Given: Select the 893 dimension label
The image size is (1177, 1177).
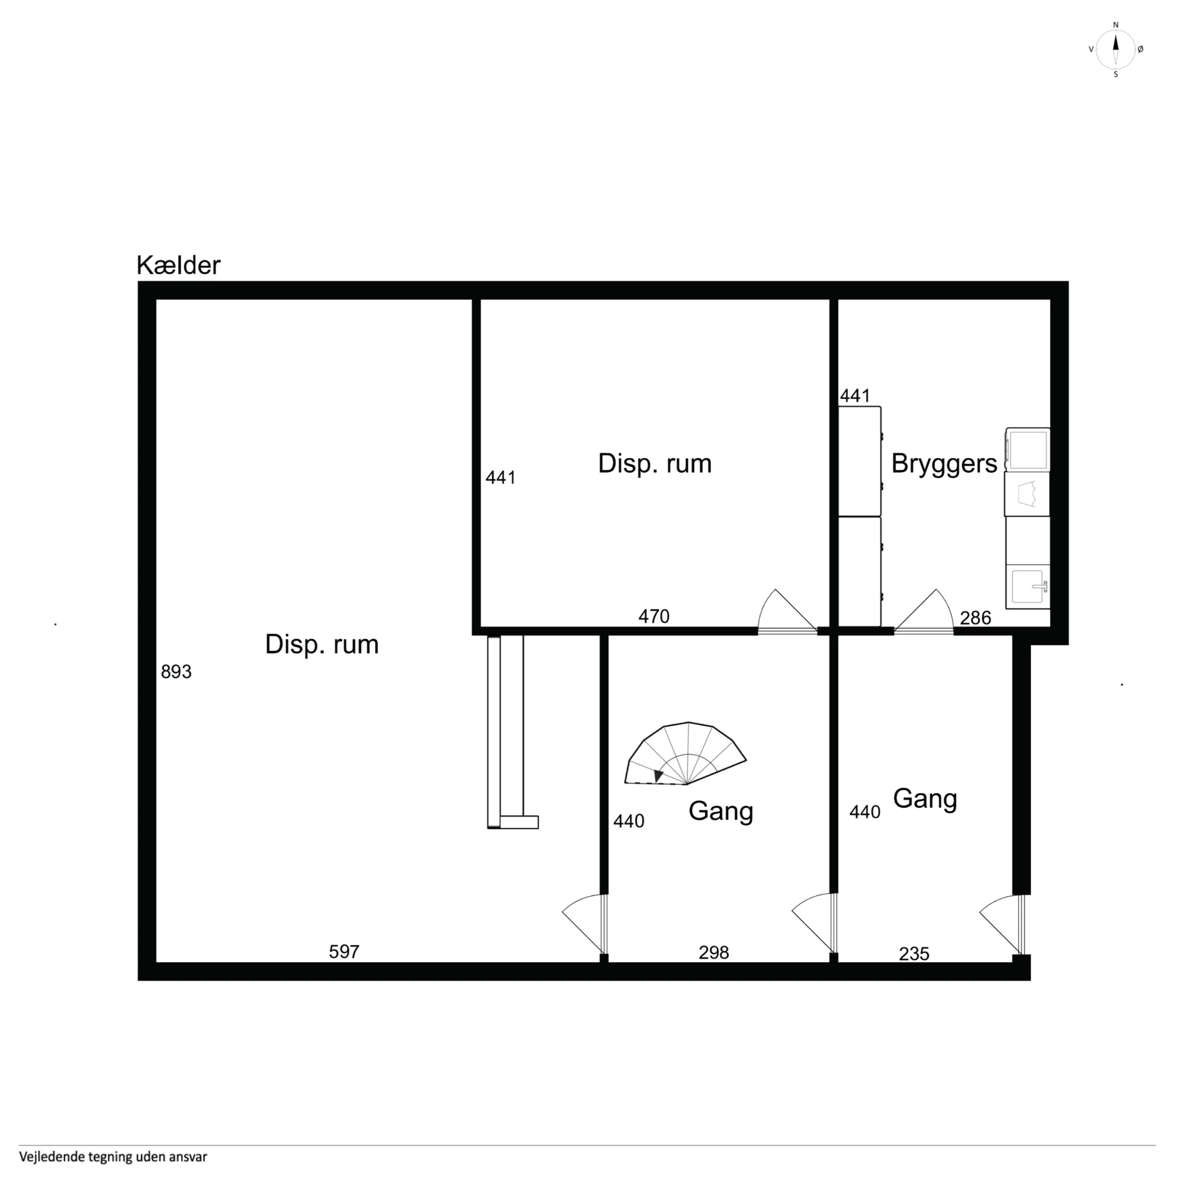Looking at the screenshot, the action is point(176,672).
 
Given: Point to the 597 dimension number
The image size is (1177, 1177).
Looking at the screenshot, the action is point(344,951).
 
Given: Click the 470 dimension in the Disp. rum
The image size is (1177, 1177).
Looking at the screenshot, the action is point(654,616).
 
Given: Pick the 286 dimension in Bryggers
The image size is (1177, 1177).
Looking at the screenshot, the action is point(975,619).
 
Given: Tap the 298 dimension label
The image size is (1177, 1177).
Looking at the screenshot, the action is point(713,952).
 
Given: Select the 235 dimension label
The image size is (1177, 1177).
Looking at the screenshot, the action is point(914,954).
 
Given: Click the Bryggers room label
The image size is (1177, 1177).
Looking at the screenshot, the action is point(944,464).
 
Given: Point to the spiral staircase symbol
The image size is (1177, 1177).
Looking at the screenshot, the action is point(686,754).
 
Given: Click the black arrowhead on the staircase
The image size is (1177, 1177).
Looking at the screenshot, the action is point(657,776).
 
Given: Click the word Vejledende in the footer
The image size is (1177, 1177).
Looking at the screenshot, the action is point(48,1156).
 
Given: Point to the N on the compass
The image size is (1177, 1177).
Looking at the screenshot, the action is point(1115,25).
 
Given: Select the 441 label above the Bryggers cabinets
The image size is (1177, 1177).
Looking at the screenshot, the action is point(855,396).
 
